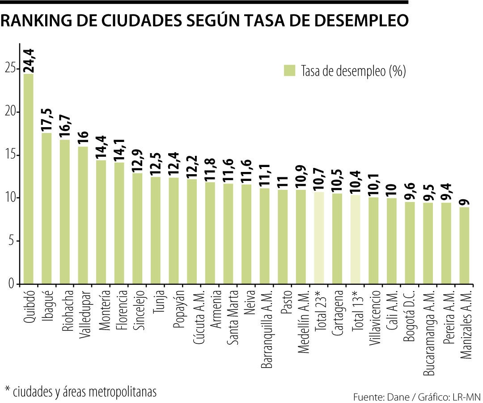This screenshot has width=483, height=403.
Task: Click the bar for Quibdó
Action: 28,179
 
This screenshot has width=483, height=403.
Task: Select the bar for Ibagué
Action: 47,208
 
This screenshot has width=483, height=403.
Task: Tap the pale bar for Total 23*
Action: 319,238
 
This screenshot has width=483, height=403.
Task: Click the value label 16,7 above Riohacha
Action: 65,126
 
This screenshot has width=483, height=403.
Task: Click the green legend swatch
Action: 290,71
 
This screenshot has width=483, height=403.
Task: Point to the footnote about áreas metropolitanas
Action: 80,391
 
